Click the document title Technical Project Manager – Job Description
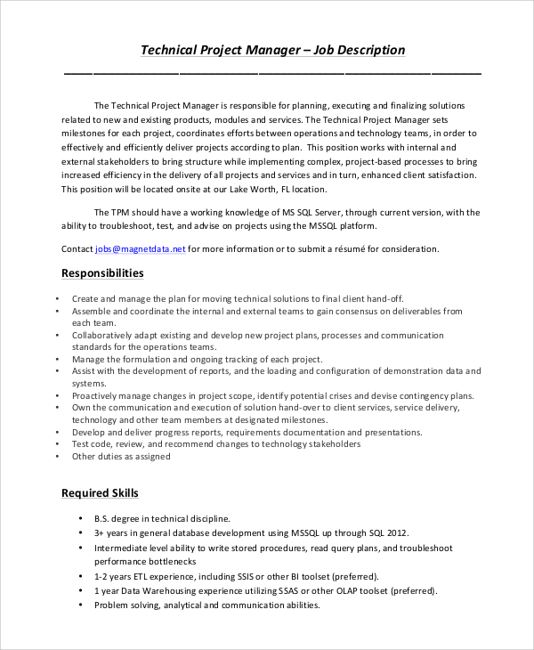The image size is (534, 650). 273,50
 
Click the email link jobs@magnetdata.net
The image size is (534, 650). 141,249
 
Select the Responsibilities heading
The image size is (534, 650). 101,273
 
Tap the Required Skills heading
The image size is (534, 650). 99,492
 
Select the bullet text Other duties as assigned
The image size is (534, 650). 121,457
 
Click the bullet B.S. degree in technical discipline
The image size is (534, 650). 162,518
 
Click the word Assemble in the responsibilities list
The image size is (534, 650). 92,312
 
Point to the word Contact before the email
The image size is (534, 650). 77,249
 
